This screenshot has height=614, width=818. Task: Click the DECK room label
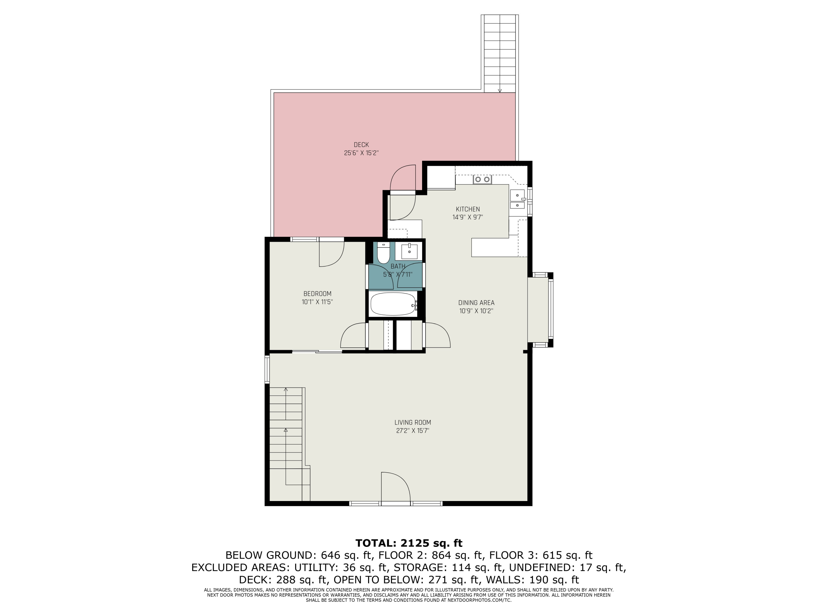361,145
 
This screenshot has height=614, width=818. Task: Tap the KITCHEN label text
468,209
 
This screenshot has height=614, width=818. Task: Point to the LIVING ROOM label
413,422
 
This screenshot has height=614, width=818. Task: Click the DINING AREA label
476,303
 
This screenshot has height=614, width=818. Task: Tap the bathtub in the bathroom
393,304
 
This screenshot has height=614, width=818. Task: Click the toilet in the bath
383,252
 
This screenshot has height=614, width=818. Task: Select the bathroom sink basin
409,252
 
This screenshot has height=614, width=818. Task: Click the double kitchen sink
517,199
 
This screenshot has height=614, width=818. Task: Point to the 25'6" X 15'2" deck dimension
361,153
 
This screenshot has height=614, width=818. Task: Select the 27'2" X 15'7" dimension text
413,430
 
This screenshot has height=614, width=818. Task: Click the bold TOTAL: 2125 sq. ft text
409,543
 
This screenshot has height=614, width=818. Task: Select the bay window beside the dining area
540,310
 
